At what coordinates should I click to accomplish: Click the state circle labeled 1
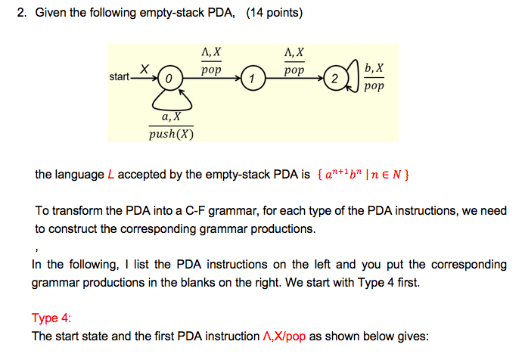(253, 78)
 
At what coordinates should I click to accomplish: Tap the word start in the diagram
(119, 77)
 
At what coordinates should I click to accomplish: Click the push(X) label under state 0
(172, 135)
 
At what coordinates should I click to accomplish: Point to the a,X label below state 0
(171, 116)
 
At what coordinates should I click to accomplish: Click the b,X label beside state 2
(374, 68)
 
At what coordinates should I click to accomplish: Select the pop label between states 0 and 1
(211, 70)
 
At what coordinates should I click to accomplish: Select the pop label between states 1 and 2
(294, 70)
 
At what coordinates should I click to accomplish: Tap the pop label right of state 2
(374, 86)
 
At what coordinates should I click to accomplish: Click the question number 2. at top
(22, 13)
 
